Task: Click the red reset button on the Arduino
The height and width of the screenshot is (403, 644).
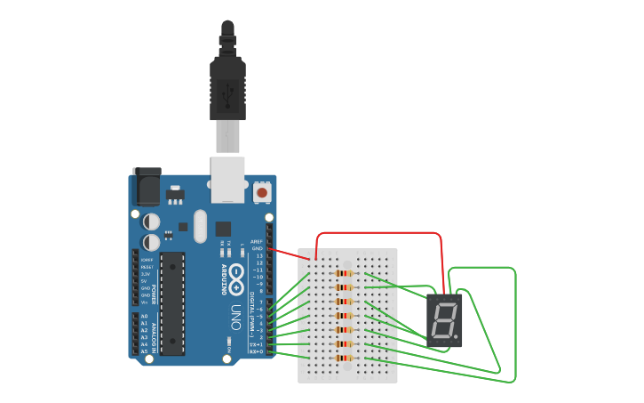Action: [x=262, y=191]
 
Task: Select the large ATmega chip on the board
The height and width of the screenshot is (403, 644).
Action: [x=172, y=303]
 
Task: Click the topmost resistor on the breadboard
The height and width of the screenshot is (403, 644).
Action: [x=345, y=273]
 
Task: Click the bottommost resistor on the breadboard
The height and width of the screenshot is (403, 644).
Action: [x=345, y=359]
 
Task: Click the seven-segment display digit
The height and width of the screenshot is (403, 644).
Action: [x=443, y=320]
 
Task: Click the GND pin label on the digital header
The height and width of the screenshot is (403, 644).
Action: [x=258, y=248]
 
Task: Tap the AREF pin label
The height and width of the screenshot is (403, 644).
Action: [x=257, y=241]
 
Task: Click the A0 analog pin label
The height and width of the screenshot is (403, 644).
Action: [x=144, y=316]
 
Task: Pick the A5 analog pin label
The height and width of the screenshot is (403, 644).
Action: [x=144, y=351]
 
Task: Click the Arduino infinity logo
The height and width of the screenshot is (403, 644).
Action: [x=236, y=278]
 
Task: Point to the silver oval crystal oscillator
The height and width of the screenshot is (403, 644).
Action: [x=199, y=227]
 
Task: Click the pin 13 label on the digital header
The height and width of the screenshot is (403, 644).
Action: [x=258, y=255]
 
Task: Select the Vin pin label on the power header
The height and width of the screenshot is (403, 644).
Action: [x=144, y=302]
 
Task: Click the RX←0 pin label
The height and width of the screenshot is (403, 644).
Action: [x=256, y=351]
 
